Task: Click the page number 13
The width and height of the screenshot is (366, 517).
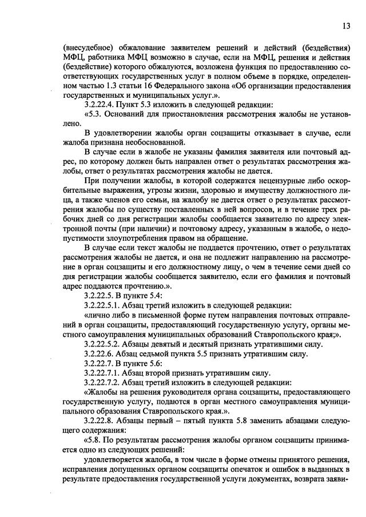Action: tap(346, 26)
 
